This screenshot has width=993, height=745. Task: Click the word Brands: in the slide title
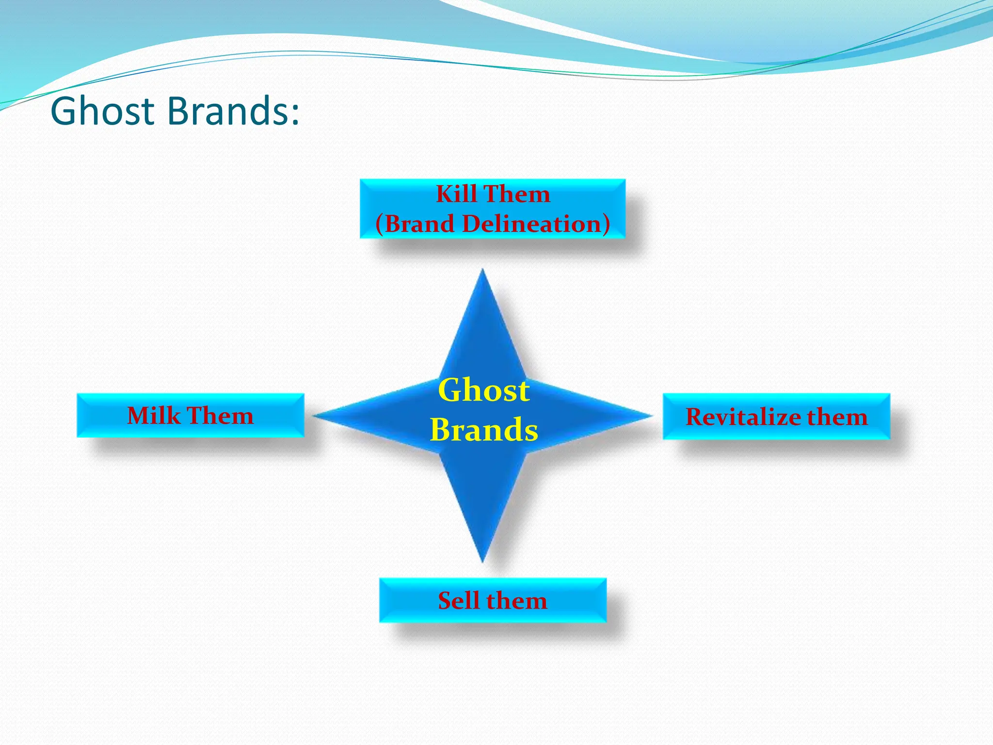[x=233, y=112]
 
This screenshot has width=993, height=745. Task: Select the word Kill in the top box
[x=456, y=194]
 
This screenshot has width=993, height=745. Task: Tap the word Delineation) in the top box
[x=536, y=224]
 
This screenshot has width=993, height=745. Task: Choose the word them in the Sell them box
[x=517, y=600]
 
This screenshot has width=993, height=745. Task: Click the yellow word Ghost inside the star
[x=484, y=390]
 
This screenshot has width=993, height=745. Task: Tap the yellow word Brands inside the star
[x=484, y=430]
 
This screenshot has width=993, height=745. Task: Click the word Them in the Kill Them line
[x=517, y=194]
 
